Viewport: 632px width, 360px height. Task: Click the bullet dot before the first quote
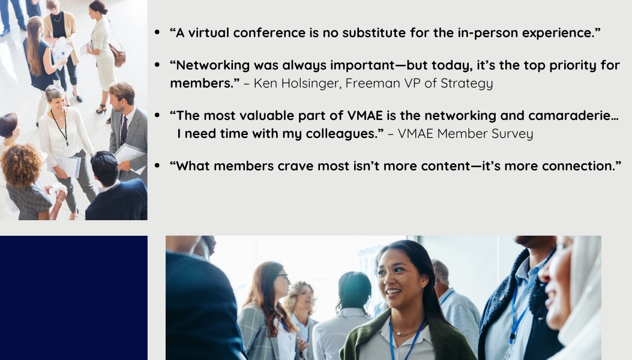click(157, 32)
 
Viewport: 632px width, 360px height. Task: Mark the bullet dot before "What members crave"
click(157, 165)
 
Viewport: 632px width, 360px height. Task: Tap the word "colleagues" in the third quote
click(339, 134)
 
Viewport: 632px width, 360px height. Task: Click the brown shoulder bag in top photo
click(117, 56)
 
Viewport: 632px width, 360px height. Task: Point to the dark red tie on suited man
click(124, 130)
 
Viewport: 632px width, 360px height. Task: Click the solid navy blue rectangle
click(74, 298)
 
